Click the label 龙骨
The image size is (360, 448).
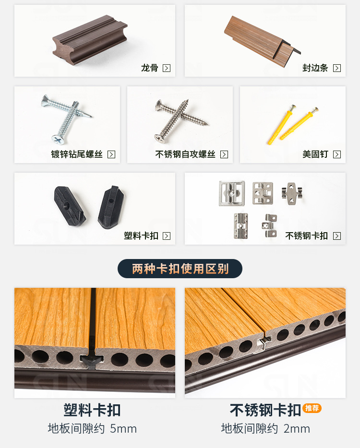149,68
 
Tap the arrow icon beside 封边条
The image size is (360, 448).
337,68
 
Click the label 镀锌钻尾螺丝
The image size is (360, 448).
77,154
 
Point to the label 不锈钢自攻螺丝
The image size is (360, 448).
185,154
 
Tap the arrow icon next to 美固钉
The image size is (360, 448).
337,154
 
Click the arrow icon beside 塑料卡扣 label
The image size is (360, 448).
167,236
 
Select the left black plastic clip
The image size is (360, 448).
69,206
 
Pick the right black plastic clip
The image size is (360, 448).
111,207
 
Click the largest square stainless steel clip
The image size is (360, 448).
232,193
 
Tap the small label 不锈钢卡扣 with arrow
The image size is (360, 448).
307,236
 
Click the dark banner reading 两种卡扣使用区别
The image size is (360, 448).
180,269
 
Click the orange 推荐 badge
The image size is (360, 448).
312,408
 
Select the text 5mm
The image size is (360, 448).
123,428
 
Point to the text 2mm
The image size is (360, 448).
297,428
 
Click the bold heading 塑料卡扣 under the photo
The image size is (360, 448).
92,410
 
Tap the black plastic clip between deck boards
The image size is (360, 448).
93,357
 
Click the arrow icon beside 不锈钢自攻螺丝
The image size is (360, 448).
224,154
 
